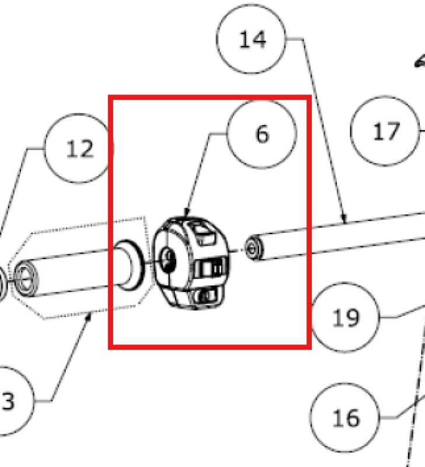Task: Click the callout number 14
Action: (x=252, y=39)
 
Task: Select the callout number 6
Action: (x=262, y=134)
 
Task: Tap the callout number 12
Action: (x=80, y=148)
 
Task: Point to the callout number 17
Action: (x=386, y=131)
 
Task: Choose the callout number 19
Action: (x=346, y=318)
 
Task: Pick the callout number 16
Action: (x=346, y=418)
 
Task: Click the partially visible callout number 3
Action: (x=8, y=402)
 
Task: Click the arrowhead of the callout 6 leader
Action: (x=186, y=212)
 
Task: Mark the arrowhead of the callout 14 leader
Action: (x=344, y=218)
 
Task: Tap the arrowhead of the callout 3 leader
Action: (x=88, y=318)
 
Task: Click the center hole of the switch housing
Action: (x=168, y=261)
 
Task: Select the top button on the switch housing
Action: (x=204, y=234)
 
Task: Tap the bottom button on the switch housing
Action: (x=207, y=296)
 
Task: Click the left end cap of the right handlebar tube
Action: (x=253, y=248)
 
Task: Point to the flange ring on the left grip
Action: (x=129, y=265)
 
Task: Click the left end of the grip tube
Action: (x=26, y=278)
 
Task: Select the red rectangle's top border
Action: (x=210, y=97)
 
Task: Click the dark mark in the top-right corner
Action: (x=420, y=61)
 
